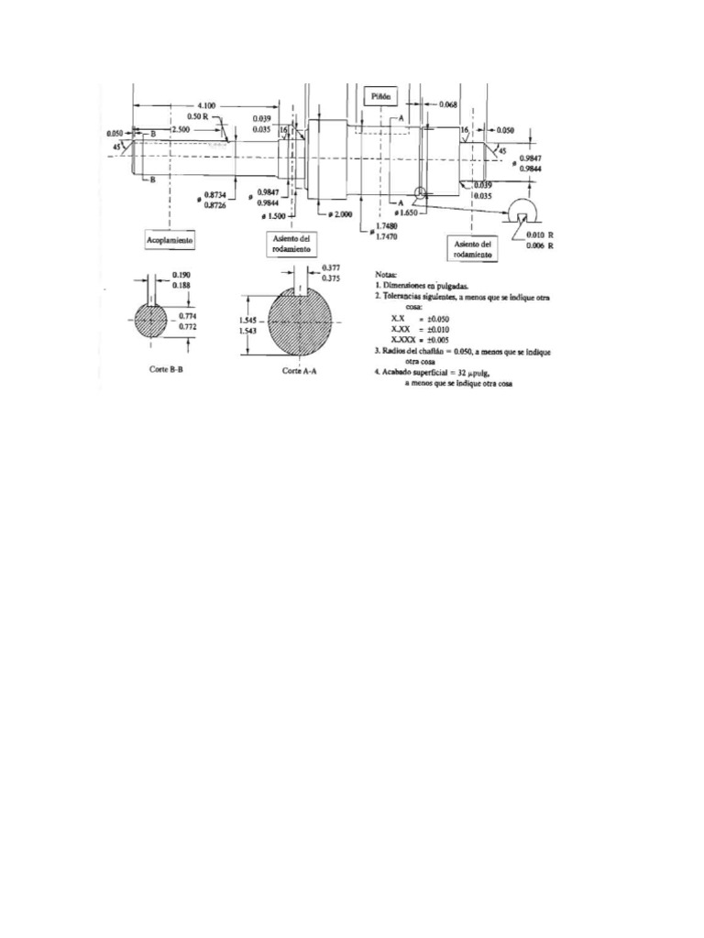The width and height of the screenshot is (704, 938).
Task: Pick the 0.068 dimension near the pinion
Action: [448, 105]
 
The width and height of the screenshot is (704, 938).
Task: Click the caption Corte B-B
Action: [151, 372]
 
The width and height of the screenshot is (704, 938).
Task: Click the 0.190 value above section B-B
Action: [182, 276]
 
